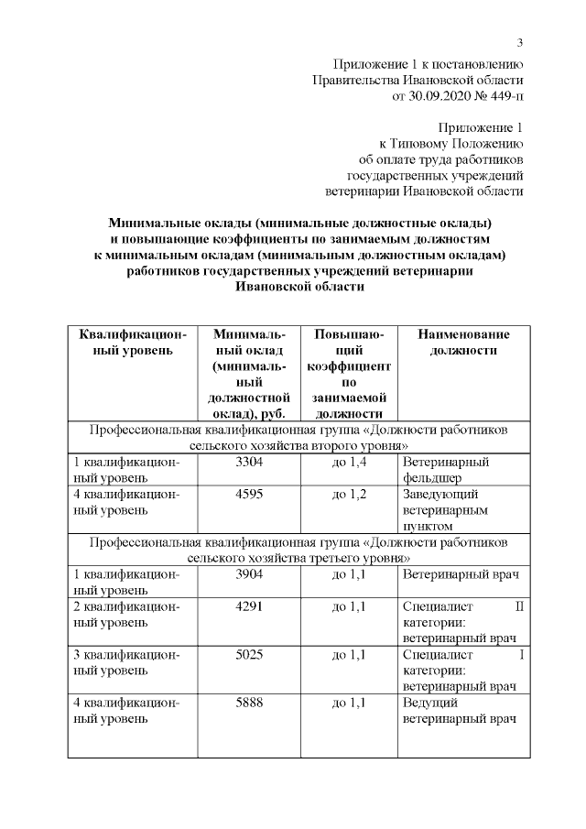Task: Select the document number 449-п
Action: pos(501,94)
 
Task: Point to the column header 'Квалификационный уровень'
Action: pos(133,342)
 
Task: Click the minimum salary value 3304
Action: pos(249,462)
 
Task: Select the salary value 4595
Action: pos(249,494)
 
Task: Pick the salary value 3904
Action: pos(249,573)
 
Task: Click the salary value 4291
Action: pos(249,605)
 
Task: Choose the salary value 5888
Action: pos(249,703)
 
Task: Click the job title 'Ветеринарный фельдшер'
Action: pos(446,469)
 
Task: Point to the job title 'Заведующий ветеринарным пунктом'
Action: pos(445,509)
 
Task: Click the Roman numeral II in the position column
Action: pos(519,605)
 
